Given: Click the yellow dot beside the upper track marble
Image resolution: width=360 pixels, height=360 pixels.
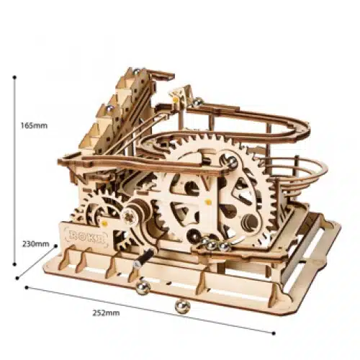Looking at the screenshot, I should coord(174,94).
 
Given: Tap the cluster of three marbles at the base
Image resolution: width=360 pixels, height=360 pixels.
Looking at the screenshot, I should coord(212,246).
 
